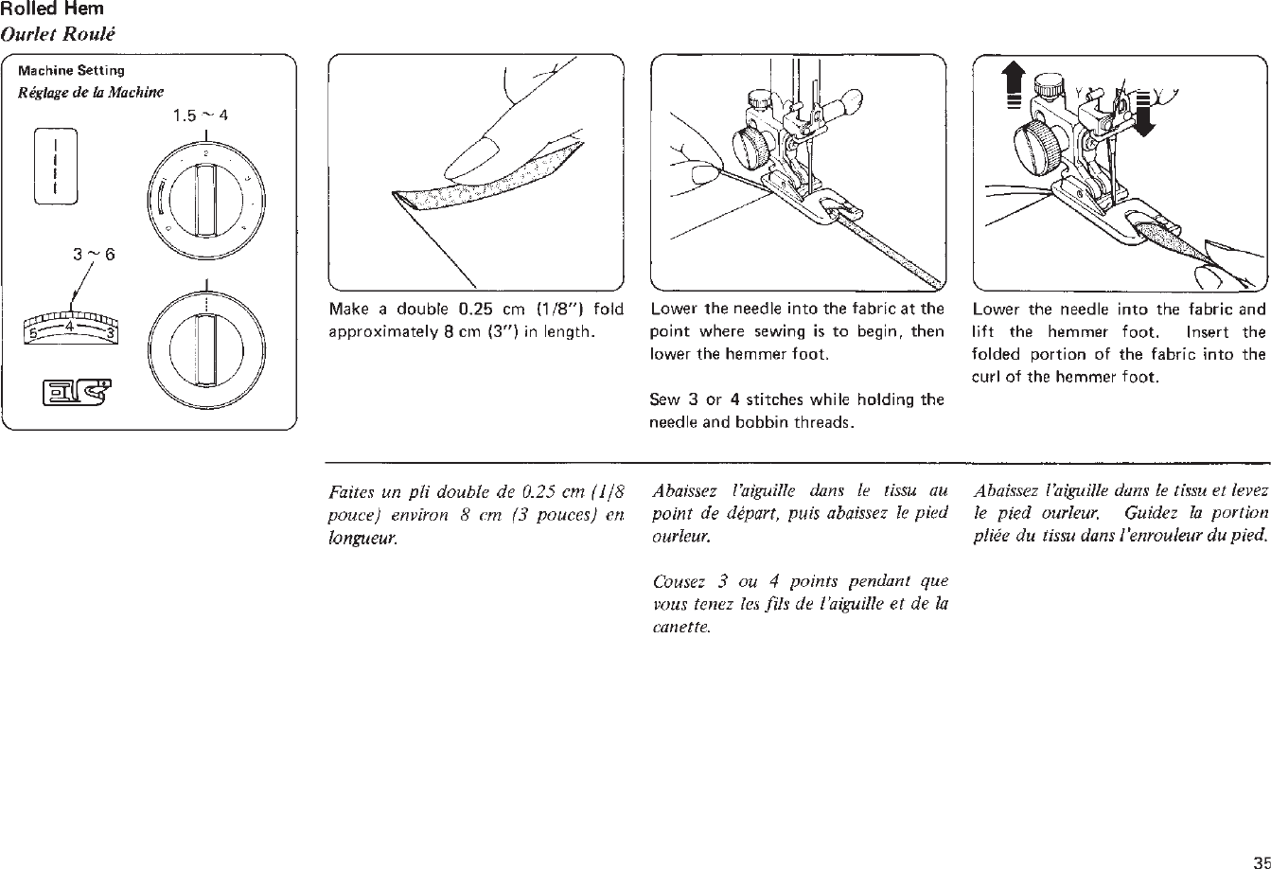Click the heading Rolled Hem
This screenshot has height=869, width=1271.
click(52, 9)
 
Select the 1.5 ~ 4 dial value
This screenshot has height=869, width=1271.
click(201, 116)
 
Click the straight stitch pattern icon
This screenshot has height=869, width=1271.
click(56, 166)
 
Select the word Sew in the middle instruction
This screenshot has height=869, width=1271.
click(660, 400)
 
